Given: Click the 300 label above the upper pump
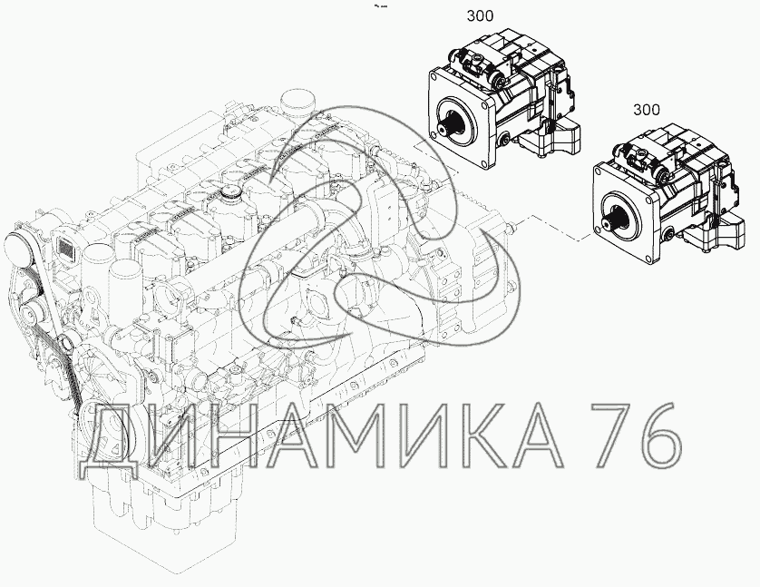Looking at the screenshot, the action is click(480, 16).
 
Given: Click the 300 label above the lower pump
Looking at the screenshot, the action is click(646, 110).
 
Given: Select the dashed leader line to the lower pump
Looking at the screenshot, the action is click(558, 228).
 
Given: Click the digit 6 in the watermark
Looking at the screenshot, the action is click(659, 435).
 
